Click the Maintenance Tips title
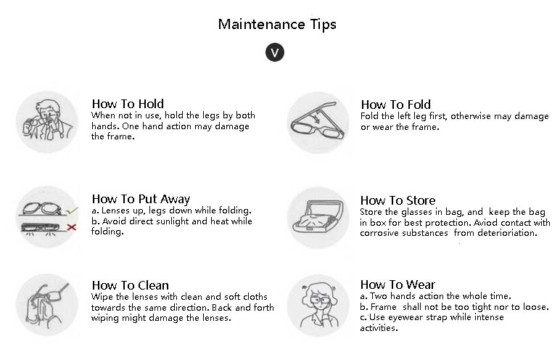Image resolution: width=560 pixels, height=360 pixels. pyautogui.click(x=277, y=25)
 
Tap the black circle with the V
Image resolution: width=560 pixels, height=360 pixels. pyautogui.click(x=275, y=52)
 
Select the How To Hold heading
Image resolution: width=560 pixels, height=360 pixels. pyautogui.click(x=128, y=104)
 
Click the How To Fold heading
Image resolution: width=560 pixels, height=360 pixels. pyautogui.click(x=396, y=105)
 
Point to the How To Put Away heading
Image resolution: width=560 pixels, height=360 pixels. pyautogui.click(x=141, y=199)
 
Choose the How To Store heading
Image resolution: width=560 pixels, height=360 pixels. pyautogui.click(x=398, y=200)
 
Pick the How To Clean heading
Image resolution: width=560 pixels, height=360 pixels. pyautogui.click(x=131, y=285)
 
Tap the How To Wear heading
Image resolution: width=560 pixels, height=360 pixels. pyautogui.click(x=398, y=285)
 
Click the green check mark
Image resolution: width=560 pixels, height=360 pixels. pyautogui.click(x=72, y=211)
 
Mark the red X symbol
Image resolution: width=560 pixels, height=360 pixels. pyautogui.click(x=72, y=227)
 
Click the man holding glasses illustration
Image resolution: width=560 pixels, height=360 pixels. pyautogui.click(x=47, y=121)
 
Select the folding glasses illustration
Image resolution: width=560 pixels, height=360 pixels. pyautogui.click(x=318, y=122)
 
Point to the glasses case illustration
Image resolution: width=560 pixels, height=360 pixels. pyautogui.click(x=318, y=217)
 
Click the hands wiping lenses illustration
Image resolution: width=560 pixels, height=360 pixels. pyautogui.click(x=47, y=305)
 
